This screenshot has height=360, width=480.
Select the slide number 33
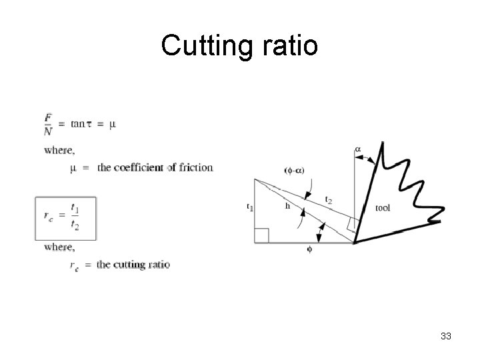tap(446, 336)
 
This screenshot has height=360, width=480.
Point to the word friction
tap(196, 167)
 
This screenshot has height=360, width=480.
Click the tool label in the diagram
tap(383, 208)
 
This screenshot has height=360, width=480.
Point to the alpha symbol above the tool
tap(358, 149)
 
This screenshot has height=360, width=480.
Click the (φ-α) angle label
tap(295, 171)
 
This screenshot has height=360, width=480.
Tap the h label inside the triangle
tap(287, 207)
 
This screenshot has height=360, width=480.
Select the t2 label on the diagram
tap(329, 199)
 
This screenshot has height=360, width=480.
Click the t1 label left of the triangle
tap(249, 208)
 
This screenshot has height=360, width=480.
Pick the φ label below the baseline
tap(309, 250)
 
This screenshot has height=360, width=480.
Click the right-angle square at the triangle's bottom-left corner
tap(261, 235)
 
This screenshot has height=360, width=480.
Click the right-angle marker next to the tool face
tap(353, 225)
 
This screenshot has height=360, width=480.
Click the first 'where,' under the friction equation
tap(59, 150)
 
